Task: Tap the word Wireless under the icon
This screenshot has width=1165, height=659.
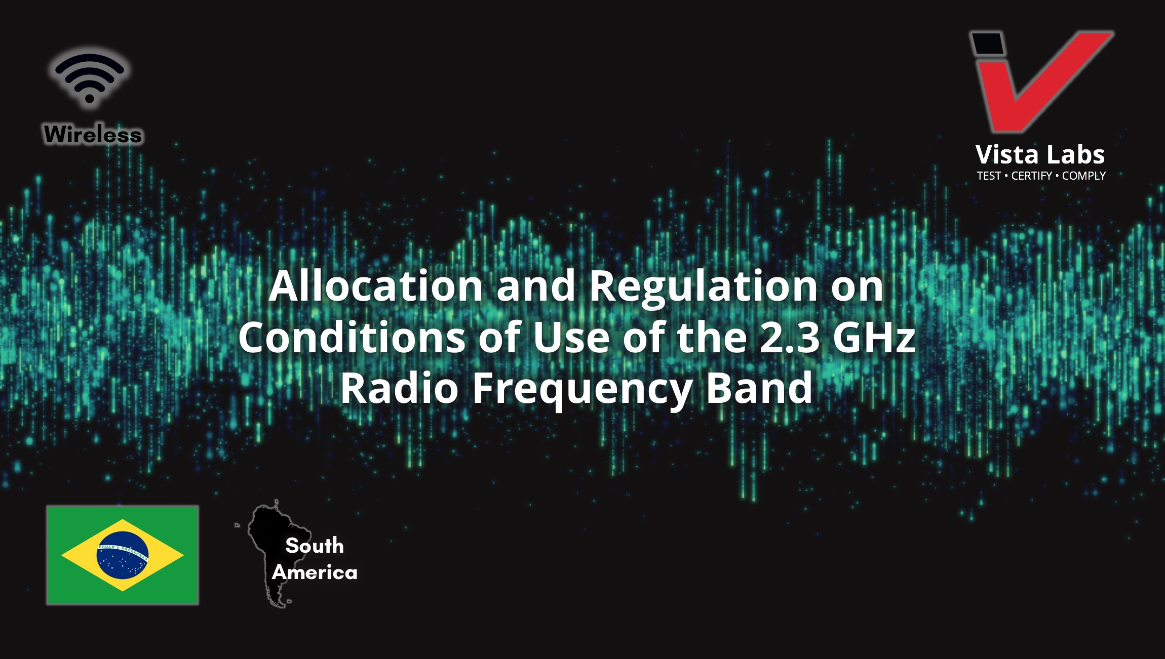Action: click(x=93, y=135)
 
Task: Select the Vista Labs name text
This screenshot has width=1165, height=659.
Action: click(x=1040, y=154)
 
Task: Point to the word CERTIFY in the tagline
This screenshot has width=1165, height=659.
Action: click(x=1032, y=176)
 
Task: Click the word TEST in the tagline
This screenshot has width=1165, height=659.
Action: click(x=989, y=176)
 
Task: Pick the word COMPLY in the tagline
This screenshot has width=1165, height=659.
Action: click(x=1084, y=176)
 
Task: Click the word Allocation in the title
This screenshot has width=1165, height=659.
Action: click(x=376, y=286)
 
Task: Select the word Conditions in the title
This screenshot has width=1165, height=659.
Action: click(x=352, y=337)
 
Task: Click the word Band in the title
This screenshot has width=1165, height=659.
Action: click(x=759, y=388)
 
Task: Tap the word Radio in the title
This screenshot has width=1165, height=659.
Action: click(x=400, y=388)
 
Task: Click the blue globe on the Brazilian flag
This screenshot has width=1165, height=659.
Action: click(x=123, y=555)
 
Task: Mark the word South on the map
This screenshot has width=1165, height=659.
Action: click(x=315, y=546)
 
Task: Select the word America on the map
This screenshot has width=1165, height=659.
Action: click(x=315, y=572)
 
